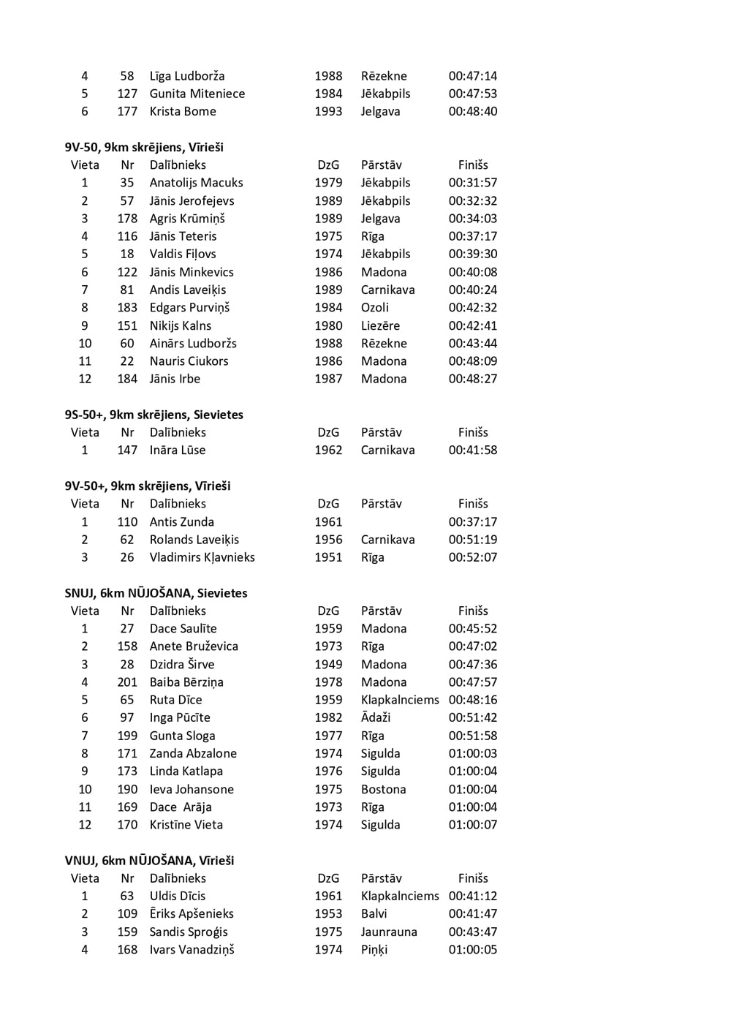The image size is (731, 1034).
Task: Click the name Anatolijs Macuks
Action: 196,183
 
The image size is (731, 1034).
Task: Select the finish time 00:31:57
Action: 472,183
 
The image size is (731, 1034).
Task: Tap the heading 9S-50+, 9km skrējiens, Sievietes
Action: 154,415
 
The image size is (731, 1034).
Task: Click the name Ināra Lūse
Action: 177,450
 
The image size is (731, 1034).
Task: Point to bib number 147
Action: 127,450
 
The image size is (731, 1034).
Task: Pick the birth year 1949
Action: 328,664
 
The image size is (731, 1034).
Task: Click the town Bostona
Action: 383,789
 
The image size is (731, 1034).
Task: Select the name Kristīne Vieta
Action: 186,825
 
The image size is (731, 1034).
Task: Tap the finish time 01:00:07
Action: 472,825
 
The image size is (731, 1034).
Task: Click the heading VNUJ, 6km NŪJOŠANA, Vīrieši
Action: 149,861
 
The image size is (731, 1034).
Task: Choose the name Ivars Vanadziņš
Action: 192,950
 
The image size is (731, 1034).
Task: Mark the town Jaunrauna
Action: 389,932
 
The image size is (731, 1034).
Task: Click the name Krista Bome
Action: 183,111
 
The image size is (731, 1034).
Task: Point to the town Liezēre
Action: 380,325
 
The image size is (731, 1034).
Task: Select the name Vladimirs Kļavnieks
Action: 202,557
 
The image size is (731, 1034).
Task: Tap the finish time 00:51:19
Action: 472,540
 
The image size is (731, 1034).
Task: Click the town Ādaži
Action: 376,717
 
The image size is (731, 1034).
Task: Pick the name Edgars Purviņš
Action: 189,308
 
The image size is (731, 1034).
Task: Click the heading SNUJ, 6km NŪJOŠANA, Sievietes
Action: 156,593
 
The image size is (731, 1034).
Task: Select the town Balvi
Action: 374,914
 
